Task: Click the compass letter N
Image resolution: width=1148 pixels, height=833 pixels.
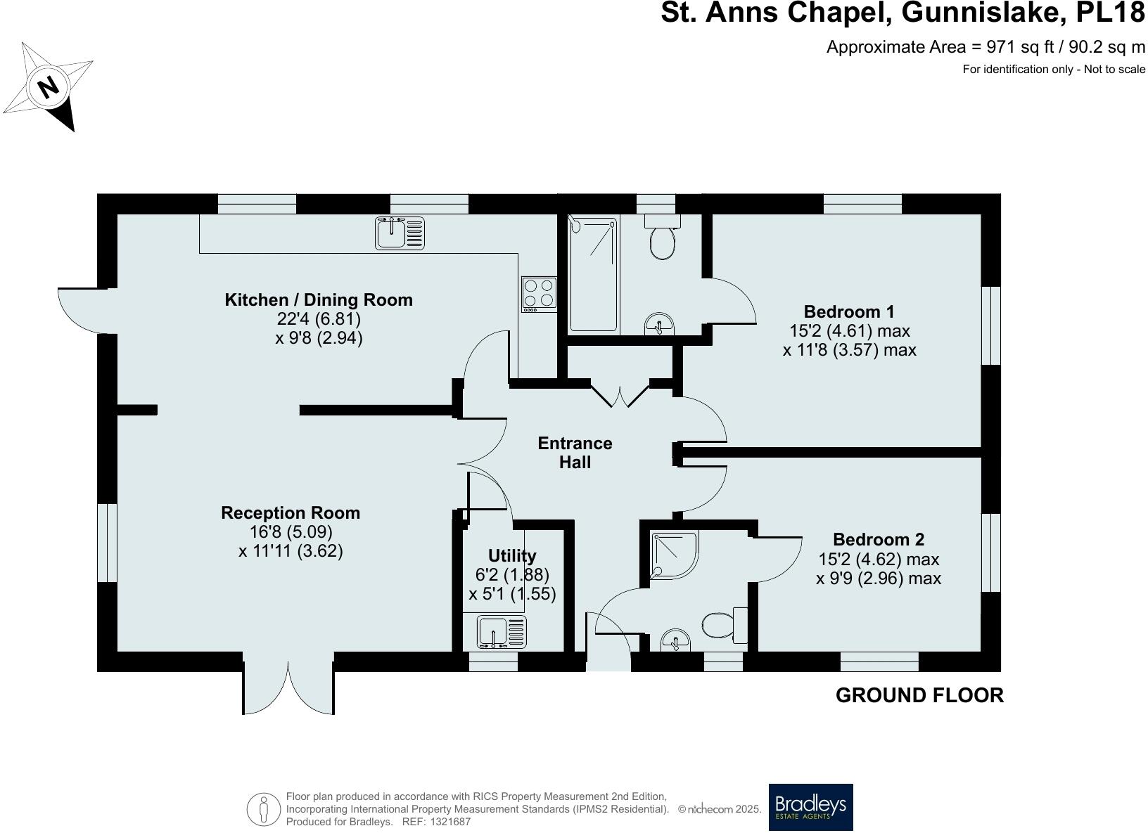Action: pos(48,88)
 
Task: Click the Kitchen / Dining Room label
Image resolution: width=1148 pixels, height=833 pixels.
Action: pos(319,300)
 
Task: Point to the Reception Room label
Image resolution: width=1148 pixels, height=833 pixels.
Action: pos(291,513)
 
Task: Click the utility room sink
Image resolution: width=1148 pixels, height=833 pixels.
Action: pos(502,632)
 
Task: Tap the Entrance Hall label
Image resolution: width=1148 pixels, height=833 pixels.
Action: pos(575,453)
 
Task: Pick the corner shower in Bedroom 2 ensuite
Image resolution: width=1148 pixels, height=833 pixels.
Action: pos(674,555)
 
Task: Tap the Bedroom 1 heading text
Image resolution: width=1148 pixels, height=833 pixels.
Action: pos(849,311)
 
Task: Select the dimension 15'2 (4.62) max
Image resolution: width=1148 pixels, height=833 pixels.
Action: pos(879,560)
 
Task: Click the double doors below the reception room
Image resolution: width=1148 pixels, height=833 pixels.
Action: pos(288,685)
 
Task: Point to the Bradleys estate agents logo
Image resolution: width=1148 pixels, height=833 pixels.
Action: pos(810,807)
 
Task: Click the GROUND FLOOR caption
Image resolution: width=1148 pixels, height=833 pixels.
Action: pos(919,695)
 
